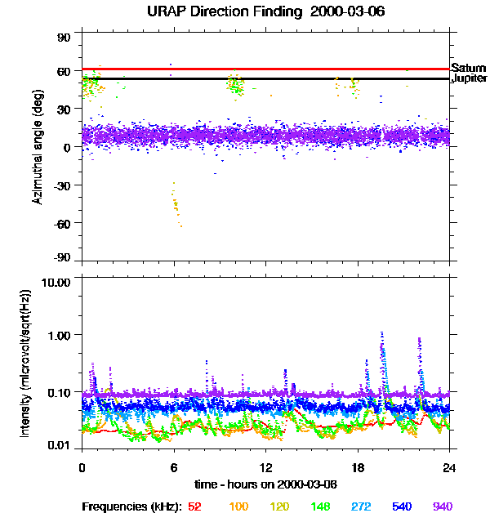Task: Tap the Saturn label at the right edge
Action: pos(469,67)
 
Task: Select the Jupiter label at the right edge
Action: pos(470,79)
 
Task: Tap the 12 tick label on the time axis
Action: pos(266,467)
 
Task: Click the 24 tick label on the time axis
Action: pos(450,467)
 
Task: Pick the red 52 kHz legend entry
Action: pos(194,506)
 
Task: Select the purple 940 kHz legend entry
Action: pos(442,506)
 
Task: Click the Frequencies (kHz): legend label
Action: pos(131,506)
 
